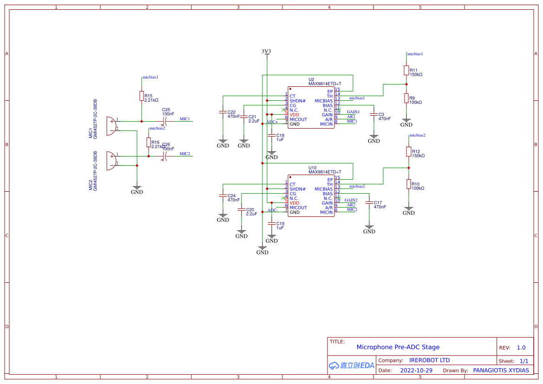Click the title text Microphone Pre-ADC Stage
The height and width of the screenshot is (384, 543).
click(398, 347)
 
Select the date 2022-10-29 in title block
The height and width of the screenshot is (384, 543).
click(416, 371)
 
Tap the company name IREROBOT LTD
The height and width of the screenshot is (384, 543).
click(429, 360)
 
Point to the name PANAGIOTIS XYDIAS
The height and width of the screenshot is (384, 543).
click(501, 371)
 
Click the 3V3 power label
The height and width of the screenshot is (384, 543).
click(266, 52)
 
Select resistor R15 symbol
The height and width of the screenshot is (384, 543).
click(142, 96)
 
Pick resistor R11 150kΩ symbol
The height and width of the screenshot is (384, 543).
click(406, 70)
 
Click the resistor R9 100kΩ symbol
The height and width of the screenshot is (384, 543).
click(406, 98)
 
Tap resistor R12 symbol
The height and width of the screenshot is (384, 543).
click(409, 151)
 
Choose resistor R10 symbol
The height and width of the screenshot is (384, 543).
click(409, 184)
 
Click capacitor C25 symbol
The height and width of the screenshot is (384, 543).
click(164, 121)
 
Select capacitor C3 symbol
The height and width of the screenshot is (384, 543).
click(374, 114)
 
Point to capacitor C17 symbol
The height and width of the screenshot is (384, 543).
click(369, 202)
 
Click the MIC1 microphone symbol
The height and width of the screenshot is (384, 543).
click(111, 126)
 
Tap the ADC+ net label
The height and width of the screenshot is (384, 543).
click(272, 122)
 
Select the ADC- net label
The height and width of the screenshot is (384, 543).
click(273, 210)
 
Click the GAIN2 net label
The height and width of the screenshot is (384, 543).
click(351, 200)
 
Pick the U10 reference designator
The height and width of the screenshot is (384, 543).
click(313, 168)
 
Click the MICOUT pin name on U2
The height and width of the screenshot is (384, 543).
click(298, 119)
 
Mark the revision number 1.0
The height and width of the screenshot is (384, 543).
click(521, 347)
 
